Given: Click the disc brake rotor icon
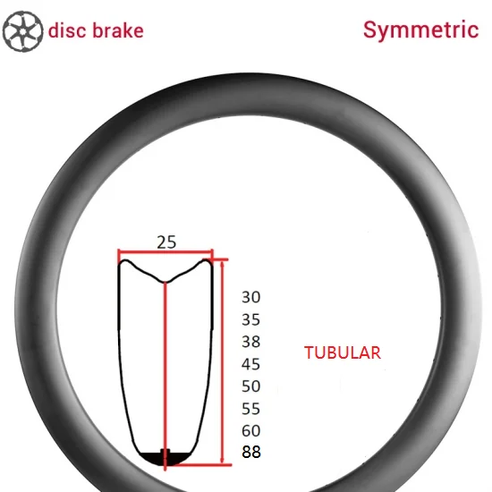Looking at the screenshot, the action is pyautogui.click(x=22, y=31).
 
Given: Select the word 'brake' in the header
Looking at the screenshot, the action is pyautogui.click(x=118, y=30).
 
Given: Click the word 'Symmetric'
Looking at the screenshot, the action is pyautogui.click(x=420, y=30).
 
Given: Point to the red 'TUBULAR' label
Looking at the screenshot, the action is pyautogui.click(x=343, y=352).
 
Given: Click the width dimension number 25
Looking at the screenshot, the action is pyautogui.click(x=166, y=242).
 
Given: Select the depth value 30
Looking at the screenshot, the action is pyautogui.click(x=251, y=297).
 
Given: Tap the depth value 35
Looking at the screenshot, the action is pyautogui.click(x=251, y=319).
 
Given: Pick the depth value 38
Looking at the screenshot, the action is pyautogui.click(x=251, y=342).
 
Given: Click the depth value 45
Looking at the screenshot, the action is pyautogui.click(x=251, y=364).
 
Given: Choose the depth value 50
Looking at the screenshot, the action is pyautogui.click(x=251, y=386).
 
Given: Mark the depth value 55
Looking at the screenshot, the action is pyautogui.click(x=251, y=409).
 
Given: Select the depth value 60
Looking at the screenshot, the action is pyautogui.click(x=251, y=431).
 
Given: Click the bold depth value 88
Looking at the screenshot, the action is pyautogui.click(x=251, y=452).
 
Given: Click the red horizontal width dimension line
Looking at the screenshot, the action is pyautogui.click(x=165, y=251).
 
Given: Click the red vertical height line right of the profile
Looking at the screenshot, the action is pyautogui.click(x=222, y=361).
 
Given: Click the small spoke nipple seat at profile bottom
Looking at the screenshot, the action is pyautogui.click(x=165, y=452).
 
